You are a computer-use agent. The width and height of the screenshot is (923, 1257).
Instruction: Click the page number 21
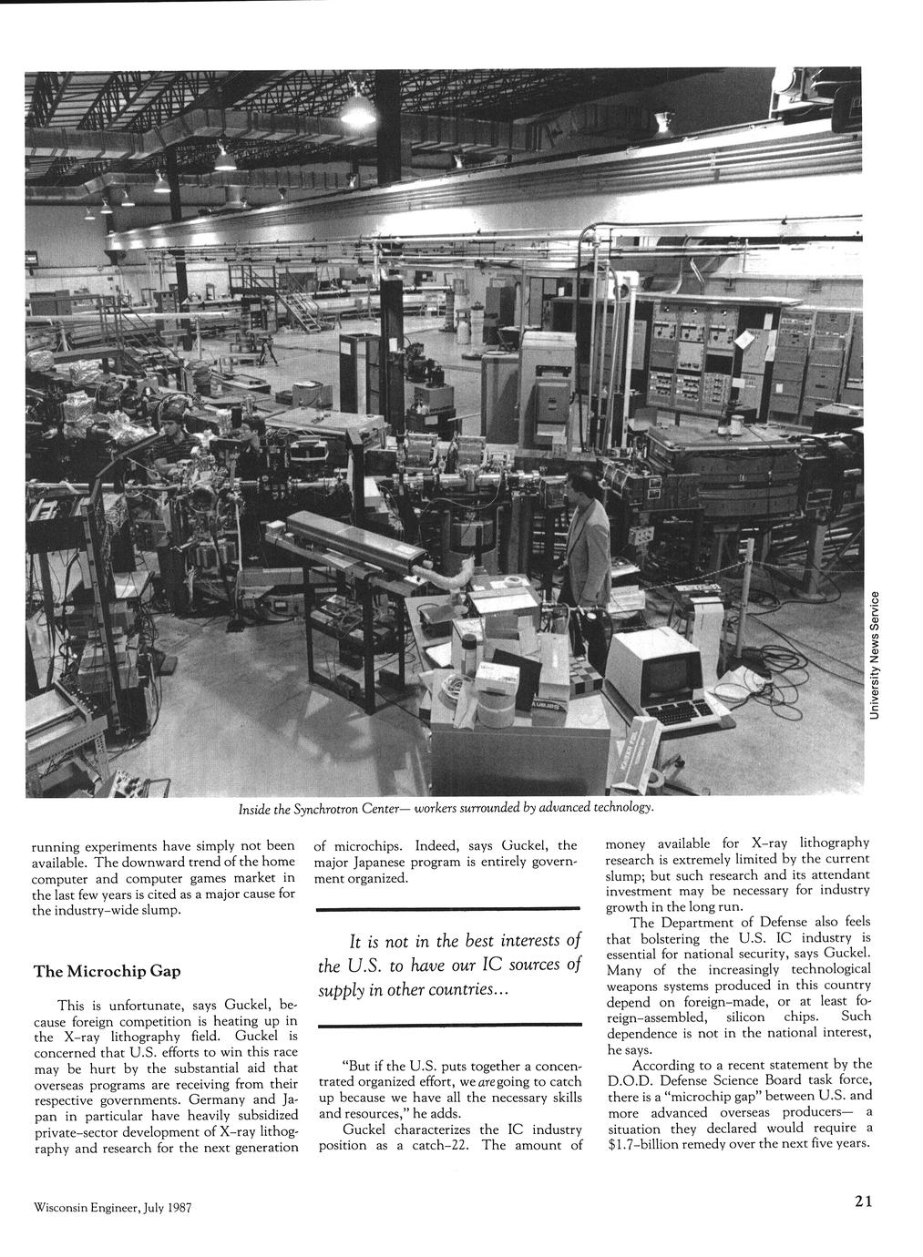click(x=864, y=1201)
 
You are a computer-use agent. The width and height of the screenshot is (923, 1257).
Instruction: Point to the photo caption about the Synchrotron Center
click(x=446, y=808)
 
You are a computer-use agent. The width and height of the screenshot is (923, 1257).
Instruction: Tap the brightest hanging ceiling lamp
click(x=357, y=111)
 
